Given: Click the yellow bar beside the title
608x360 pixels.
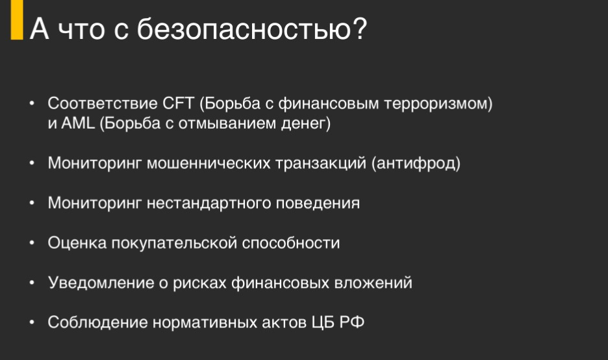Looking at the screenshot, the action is coord(17,19).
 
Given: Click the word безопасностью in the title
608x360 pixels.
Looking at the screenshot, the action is coord(251,29).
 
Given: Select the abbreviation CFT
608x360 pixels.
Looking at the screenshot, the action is coord(179,103).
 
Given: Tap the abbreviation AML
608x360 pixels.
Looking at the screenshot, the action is coord(78,123).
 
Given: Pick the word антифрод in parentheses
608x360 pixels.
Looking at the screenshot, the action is coord(416,163).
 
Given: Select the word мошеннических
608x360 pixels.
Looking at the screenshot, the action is coord(209,163).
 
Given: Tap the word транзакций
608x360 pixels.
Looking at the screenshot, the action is coord(321,164).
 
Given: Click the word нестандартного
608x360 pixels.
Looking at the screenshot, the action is coord(209,203).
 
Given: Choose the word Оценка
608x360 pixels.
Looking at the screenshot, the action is coord(77,243).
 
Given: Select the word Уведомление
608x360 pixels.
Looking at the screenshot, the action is coord(101,283).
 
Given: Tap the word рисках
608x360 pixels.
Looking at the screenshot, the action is coord(199,283).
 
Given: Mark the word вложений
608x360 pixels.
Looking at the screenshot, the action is coord(373,283).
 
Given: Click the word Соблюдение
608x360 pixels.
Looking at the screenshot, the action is coord(97,322).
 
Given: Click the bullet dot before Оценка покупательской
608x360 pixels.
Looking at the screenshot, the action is coord(32,243).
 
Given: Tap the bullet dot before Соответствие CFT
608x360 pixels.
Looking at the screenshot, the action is coord(32,103).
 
